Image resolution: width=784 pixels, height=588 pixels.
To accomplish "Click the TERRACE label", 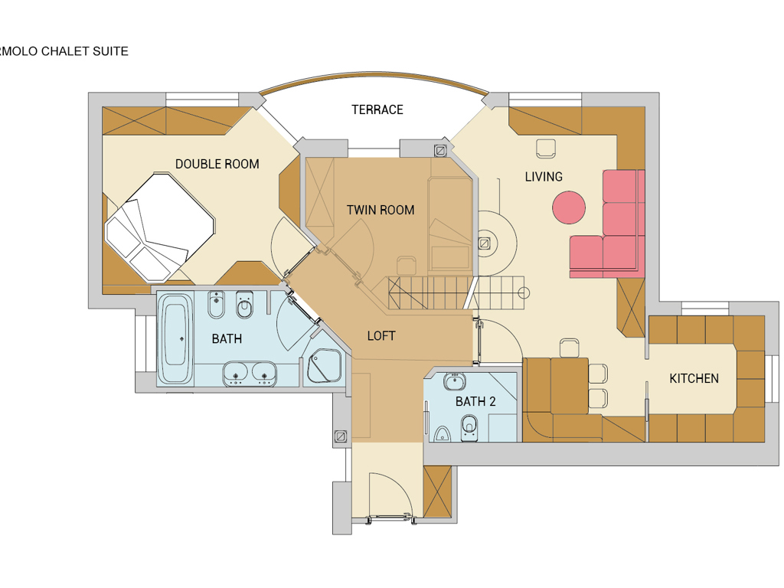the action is pyautogui.click(x=377, y=109).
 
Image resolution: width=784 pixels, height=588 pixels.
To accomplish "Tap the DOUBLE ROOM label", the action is pyautogui.click(x=217, y=164).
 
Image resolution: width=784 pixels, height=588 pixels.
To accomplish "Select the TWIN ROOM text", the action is pyautogui.click(x=381, y=210).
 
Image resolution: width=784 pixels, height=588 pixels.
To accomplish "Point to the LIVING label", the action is pyautogui.click(x=544, y=177).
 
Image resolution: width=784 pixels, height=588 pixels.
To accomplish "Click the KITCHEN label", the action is pyautogui.click(x=694, y=378).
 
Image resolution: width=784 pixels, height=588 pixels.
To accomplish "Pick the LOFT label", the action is pyautogui.click(x=381, y=336).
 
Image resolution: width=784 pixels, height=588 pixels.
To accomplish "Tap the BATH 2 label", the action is pyautogui.click(x=475, y=401).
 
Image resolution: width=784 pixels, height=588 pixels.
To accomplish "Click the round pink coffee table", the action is pyautogui.click(x=569, y=207).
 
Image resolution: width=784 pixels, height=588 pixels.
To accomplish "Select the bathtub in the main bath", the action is pyautogui.click(x=175, y=338).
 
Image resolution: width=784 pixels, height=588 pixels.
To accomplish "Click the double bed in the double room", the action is pyautogui.click(x=160, y=227).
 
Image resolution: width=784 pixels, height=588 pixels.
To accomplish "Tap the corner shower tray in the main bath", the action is pyautogui.click(x=324, y=366).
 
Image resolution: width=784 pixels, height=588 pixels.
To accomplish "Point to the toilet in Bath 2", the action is pyautogui.click(x=469, y=427).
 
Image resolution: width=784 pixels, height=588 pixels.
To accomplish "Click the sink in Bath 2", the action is pyautogui.click(x=454, y=381).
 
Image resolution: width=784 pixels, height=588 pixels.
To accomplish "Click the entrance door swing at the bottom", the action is pyautogui.click(x=390, y=495).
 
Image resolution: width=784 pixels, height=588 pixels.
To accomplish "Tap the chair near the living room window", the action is pyautogui.click(x=545, y=149).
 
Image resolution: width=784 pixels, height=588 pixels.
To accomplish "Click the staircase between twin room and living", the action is pyautogui.click(x=456, y=293).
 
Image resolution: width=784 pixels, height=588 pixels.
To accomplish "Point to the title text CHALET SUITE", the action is pyautogui.click(x=85, y=51).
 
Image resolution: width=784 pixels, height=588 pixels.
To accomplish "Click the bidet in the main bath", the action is pyautogui.click(x=216, y=305).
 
